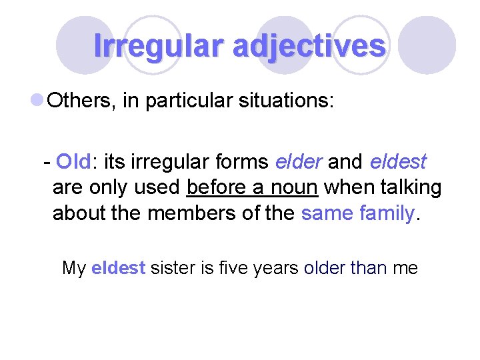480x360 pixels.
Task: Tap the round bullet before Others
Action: tap(38, 101)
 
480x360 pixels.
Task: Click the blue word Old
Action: tap(73, 162)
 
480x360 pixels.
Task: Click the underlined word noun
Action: tap(294, 188)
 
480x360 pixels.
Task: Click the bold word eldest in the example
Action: tap(118, 268)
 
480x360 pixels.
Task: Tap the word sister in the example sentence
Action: tap(172, 268)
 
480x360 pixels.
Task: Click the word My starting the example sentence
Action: tap(73, 268)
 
